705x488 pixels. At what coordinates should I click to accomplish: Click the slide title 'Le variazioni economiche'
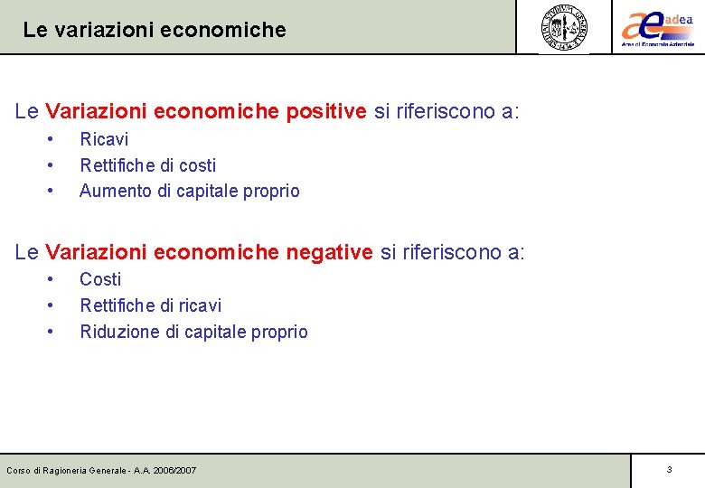click(x=155, y=30)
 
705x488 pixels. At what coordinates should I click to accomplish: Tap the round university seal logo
click(x=564, y=27)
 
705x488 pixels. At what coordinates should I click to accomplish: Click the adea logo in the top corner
click(x=657, y=26)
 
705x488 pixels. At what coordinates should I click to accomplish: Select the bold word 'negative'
click(x=329, y=252)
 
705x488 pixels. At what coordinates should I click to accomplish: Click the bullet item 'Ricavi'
click(x=104, y=139)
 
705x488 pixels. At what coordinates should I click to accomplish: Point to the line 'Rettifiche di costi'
click(x=148, y=165)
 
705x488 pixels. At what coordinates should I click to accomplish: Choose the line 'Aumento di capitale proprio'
click(x=190, y=191)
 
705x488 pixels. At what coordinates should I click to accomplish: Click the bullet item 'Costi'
click(x=100, y=279)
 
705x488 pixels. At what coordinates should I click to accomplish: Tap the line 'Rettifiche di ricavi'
click(x=151, y=305)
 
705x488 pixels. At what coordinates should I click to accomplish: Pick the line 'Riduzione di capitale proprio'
click(x=193, y=332)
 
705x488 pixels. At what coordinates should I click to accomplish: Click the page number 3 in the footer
click(x=669, y=470)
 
